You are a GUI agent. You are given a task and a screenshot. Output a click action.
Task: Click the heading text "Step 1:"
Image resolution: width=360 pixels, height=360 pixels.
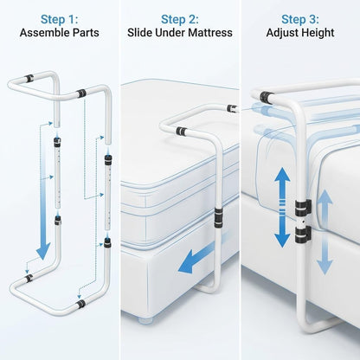[60, 20]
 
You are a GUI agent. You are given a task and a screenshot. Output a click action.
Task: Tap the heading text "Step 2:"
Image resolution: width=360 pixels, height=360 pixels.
[180, 20]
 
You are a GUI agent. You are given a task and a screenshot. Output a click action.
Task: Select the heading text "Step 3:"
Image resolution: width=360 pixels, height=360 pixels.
[300, 20]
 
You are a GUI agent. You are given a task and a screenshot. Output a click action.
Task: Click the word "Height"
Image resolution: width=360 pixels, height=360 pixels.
[318, 33]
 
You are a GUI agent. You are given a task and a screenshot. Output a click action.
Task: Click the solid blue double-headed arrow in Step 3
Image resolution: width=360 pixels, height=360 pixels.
[282, 207]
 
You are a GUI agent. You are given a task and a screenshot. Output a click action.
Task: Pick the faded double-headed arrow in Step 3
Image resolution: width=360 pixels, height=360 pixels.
[325, 232]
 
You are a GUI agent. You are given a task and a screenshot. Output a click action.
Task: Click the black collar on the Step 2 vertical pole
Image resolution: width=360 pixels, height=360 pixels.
[218, 217]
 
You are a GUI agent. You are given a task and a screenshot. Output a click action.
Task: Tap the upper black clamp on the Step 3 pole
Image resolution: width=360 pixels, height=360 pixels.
[303, 208]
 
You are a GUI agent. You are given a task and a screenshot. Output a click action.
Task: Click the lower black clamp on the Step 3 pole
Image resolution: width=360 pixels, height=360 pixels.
[303, 234]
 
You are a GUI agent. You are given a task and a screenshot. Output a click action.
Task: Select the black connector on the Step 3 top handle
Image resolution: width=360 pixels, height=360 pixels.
[267, 98]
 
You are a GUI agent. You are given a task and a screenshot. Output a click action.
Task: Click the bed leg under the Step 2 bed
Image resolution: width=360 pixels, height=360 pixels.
[145, 320]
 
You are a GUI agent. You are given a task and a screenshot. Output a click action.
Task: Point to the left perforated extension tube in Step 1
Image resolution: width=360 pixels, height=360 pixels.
[57, 173]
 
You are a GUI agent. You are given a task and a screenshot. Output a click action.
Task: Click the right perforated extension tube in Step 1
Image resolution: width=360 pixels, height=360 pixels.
[107, 192]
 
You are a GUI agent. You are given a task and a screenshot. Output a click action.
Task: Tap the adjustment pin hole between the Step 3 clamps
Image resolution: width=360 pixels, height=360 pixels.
[302, 222]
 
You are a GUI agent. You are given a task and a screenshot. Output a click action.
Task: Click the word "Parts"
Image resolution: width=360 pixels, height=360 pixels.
[86, 33]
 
